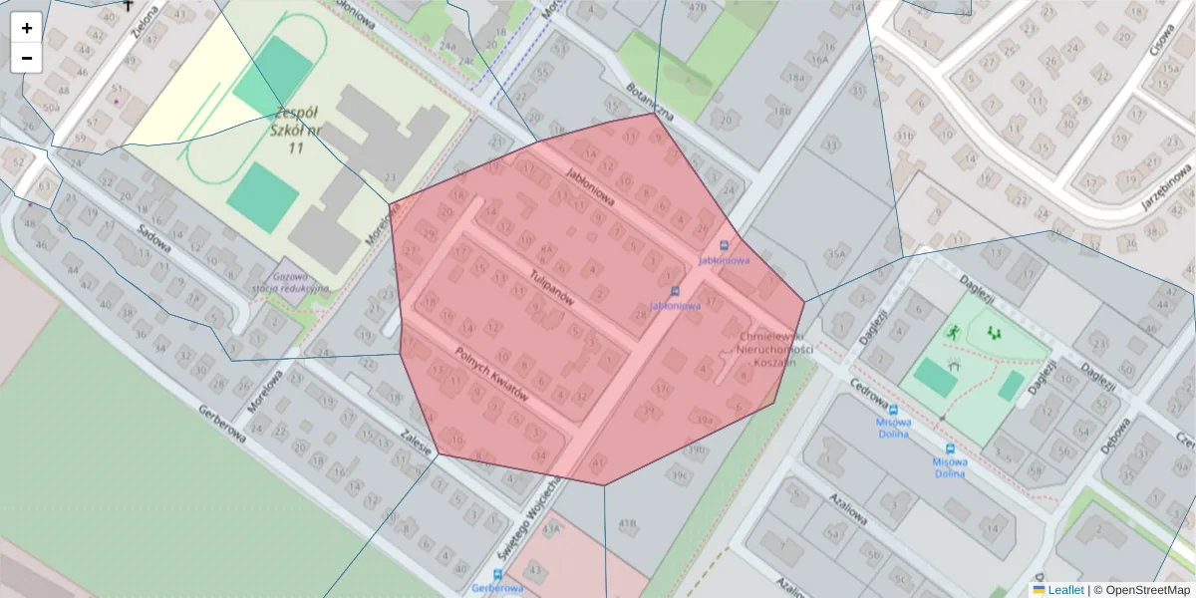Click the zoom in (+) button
tap(27, 28)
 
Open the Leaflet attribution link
tap(1064, 590)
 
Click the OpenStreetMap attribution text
tap(1141, 590)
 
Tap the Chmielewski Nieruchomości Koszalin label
tap(775, 350)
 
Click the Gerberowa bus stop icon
tap(497, 574)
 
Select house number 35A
tap(835, 255)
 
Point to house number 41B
tap(627, 522)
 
